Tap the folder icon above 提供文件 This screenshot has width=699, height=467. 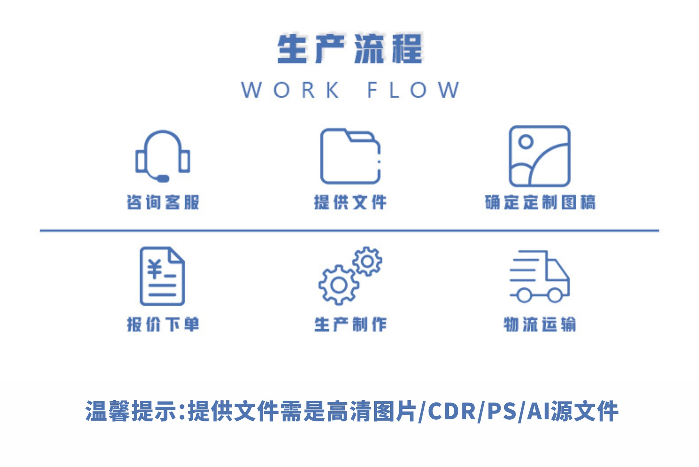pyautogui.click(x=350, y=156)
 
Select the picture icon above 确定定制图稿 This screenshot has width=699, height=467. pyautogui.click(x=539, y=156)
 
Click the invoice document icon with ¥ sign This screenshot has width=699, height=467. pyautogui.click(x=162, y=276)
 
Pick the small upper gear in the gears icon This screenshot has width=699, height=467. pyautogui.click(x=367, y=261)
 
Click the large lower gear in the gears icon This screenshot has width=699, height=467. pyautogui.click(x=339, y=285)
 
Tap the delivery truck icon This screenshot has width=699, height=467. pyautogui.click(x=540, y=276)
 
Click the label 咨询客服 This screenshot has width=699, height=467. pyautogui.click(x=163, y=203)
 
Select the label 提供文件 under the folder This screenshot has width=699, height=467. pyautogui.click(x=350, y=203)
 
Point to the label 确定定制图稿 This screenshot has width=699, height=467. pyautogui.click(x=540, y=203)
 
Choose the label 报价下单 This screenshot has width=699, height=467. pyautogui.click(x=163, y=324)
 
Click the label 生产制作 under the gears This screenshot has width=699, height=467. pyautogui.click(x=350, y=324)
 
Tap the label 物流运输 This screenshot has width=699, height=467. pyautogui.click(x=540, y=324)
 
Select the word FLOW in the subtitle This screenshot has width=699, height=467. pyautogui.click(x=413, y=90)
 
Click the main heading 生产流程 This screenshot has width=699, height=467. pyautogui.click(x=349, y=49)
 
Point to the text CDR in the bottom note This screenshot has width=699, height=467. pyautogui.click(x=452, y=411)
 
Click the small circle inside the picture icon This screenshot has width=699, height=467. pyautogui.click(x=526, y=141)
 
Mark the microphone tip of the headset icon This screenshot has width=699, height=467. pyautogui.click(x=163, y=178)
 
